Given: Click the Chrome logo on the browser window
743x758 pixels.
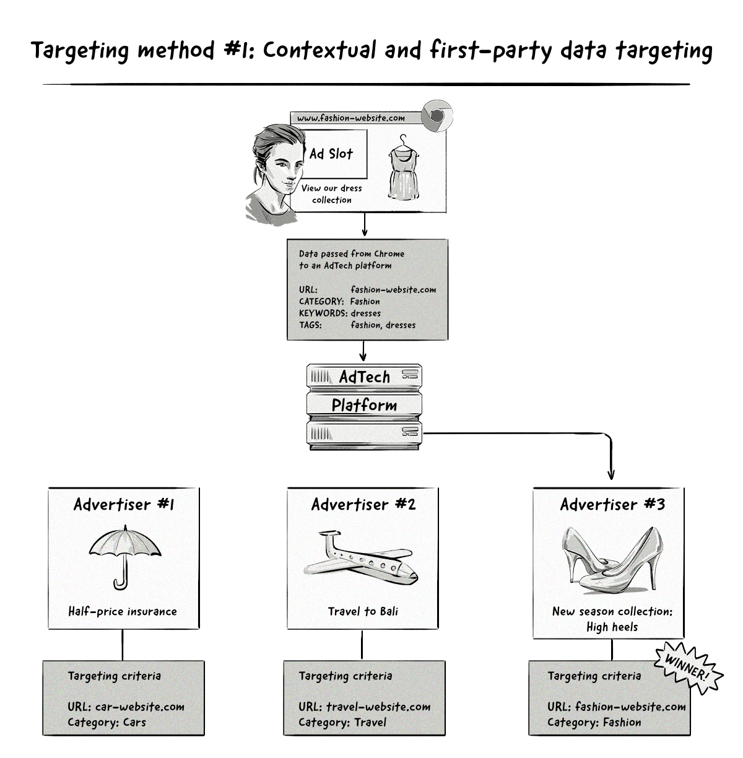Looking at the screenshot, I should point(437,116).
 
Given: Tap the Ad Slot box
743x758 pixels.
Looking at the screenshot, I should point(331,154).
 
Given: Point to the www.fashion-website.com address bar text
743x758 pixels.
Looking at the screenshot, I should point(350,118).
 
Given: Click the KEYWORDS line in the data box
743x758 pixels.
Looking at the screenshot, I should point(340,313).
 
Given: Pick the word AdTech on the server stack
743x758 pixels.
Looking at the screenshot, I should point(365,377).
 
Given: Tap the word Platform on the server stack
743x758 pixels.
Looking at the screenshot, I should point(364,405).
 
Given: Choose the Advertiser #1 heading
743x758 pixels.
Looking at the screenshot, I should point(124,504).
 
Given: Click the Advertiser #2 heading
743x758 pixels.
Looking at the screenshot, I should point(363,504).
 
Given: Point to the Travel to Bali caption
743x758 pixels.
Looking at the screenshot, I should point(363,611).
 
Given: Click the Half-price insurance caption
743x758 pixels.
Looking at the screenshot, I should point(123,611).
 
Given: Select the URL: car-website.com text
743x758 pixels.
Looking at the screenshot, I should point(126,707).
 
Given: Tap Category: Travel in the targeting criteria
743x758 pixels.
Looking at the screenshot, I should point(342,722).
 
